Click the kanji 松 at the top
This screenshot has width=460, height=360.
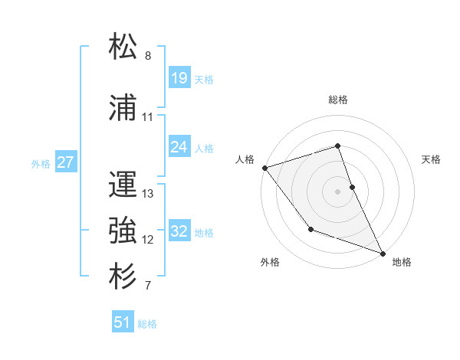[123, 47]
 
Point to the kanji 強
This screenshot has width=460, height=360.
[123, 229]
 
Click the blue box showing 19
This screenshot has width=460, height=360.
[179, 78]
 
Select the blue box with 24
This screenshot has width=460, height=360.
[179, 147]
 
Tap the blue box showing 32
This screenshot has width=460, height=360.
[179, 231]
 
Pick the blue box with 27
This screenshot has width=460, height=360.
[66, 162]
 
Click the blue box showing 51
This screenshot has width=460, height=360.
[123, 322]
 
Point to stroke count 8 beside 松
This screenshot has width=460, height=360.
[148, 56]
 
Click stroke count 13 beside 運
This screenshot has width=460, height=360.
[148, 193]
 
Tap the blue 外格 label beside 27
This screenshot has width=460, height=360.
[41, 163]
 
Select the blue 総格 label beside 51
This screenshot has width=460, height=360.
[147, 324]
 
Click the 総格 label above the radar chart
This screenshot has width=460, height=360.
[338, 100]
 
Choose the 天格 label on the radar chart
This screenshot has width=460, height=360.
[432, 159]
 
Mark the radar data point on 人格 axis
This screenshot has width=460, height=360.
[264, 167]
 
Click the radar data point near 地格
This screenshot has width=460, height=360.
[383, 252]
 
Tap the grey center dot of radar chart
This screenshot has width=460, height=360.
[338, 191]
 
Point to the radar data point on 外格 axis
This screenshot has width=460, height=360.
[310, 228]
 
